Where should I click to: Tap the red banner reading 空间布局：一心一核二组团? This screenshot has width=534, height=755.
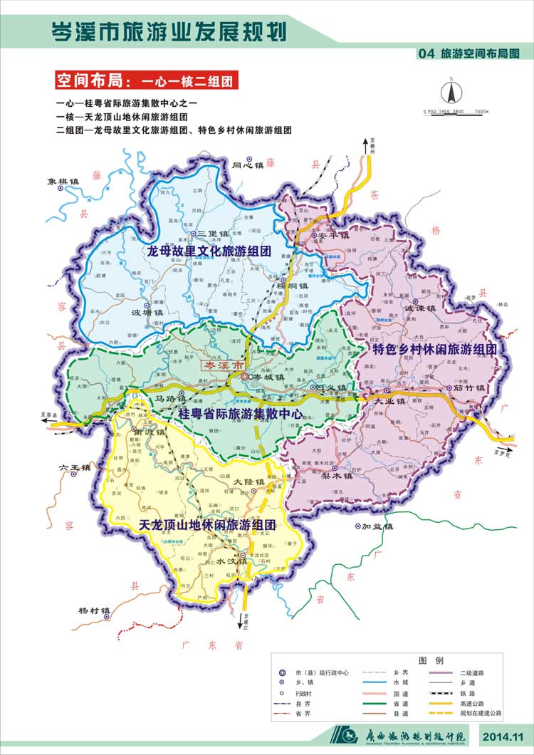(x=146, y=79)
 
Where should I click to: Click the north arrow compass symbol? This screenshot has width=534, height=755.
(x=451, y=93)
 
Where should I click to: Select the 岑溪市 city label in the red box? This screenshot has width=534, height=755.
(x=219, y=365)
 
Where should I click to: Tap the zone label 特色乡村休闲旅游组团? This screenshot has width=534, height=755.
(x=435, y=349)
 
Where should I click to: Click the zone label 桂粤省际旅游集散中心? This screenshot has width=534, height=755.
(x=240, y=414)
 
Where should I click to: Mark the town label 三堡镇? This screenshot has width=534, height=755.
(x=211, y=234)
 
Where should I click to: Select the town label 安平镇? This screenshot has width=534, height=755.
(x=334, y=235)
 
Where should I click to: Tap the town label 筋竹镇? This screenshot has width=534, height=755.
(x=469, y=389)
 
